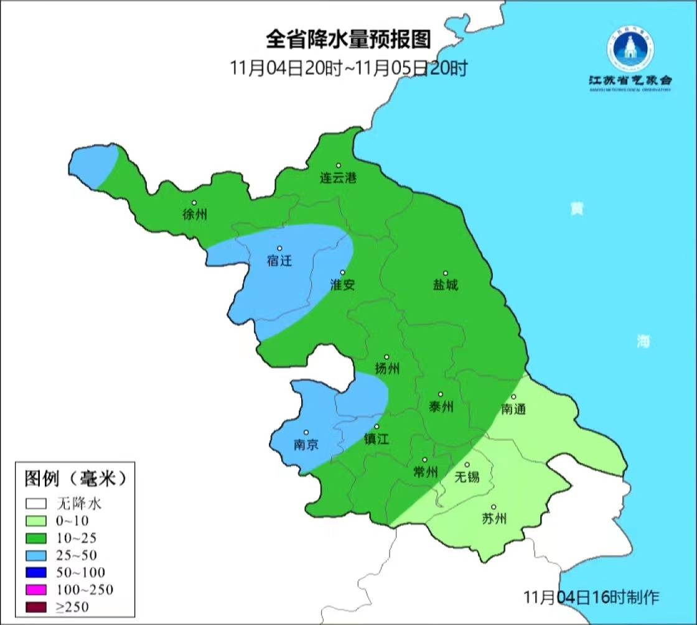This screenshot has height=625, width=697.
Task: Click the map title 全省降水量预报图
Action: [x=348, y=40]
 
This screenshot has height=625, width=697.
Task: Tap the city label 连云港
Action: [x=339, y=178]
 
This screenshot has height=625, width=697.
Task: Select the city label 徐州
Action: [x=195, y=215]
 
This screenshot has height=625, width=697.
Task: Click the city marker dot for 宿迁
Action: [x=279, y=248]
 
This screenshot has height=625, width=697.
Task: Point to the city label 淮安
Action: [x=342, y=285]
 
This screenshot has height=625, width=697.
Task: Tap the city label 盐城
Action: [x=446, y=285]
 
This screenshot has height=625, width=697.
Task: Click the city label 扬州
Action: [x=386, y=369]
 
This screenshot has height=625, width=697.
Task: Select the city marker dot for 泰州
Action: [x=441, y=394]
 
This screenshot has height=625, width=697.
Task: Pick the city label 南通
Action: [x=514, y=409]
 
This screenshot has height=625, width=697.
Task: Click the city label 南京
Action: [x=306, y=445]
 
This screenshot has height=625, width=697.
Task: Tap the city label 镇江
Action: [x=377, y=439]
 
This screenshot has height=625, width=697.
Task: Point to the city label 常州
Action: [x=426, y=472]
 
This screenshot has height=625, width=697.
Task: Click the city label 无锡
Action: [x=467, y=477]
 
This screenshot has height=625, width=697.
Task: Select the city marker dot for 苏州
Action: [x=494, y=507]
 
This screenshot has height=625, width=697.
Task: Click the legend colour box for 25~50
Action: [x=37, y=555]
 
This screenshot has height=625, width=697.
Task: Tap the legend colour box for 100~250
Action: [x=37, y=590]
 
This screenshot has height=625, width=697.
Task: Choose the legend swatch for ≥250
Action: [x=37, y=607]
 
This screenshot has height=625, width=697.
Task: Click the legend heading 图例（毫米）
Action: [x=75, y=478]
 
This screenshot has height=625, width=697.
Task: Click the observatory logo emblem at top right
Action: [x=630, y=51]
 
